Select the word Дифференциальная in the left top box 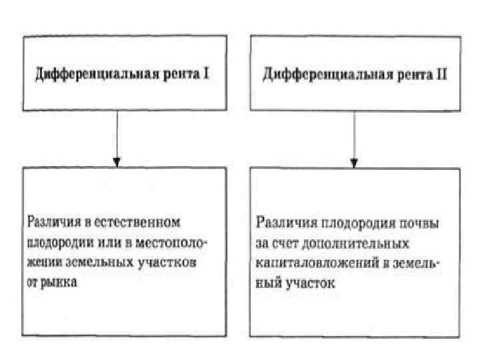(86, 75)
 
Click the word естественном (142, 220)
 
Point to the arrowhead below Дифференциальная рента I (117, 161)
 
